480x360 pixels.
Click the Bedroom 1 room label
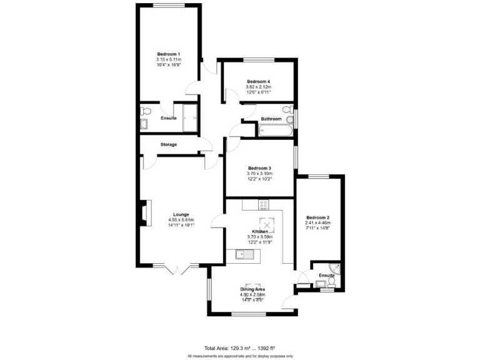point(168,54)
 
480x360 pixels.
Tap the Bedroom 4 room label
point(258,82)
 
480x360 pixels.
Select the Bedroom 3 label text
point(259,168)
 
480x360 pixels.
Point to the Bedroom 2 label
point(317,217)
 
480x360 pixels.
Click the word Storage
point(168,144)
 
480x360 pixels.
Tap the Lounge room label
point(181,214)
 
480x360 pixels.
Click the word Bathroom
point(271,119)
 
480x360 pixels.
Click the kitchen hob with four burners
point(264,204)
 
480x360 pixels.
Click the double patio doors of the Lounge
point(177,269)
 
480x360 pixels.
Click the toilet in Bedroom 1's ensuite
point(146,111)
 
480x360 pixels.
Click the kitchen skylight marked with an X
point(267,224)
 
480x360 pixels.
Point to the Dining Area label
point(253,289)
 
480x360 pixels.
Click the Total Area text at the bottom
point(239,347)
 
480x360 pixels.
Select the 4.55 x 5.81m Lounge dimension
point(181,220)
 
